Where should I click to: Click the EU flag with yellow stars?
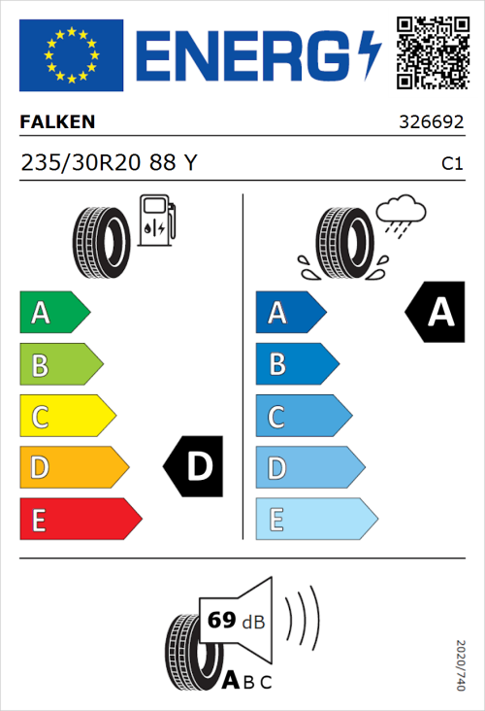click(x=71, y=55)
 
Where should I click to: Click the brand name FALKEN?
click(x=57, y=122)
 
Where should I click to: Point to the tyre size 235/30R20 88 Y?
click(x=109, y=164)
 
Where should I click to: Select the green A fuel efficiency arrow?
click(x=53, y=313)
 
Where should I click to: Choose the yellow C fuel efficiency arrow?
click(x=66, y=417)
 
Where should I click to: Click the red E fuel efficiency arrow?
click(x=80, y=520)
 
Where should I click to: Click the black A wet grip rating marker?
click(x=436, y=312)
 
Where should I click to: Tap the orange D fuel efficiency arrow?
click(x=73, y=468)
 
